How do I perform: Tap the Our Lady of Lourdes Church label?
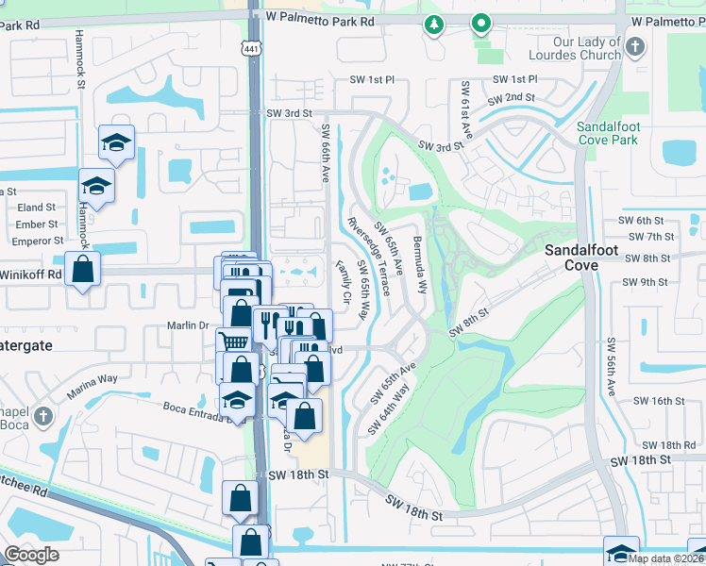click(587, 49)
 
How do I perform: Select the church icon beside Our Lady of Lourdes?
click(635, 46)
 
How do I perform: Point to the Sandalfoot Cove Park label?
click(607, 133)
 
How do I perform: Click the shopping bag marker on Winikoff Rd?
click(84, 269)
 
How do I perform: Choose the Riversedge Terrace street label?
click(368, 256)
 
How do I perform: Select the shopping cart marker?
click(233, 342)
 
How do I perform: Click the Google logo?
click(31, 555)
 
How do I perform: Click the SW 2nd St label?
click(511, 98)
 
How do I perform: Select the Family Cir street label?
click(344, 283)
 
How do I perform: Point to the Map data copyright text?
click(664, 558)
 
